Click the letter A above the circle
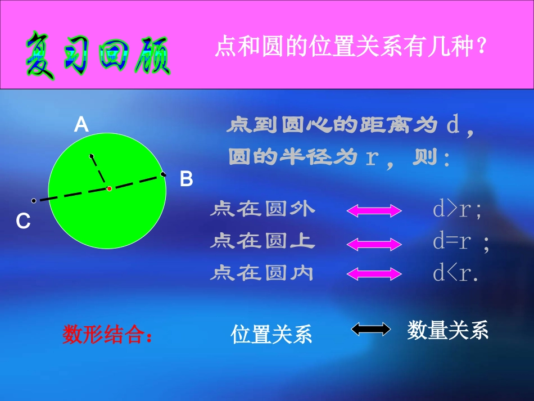(82, 124)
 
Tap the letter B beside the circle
(186, 180)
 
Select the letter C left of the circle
(23, 222)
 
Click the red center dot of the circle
(109, 188)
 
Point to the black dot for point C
(34, 200)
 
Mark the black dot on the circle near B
(163, 174)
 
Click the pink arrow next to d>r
(374, 210)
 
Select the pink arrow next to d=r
(374, 243)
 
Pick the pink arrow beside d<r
(374, 274)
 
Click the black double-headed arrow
(371, 329)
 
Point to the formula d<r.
(455, 274)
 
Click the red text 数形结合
(107, 335)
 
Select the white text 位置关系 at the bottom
(271, 335)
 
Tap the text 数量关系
(447, 330)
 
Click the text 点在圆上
(263, 242)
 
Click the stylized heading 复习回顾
(97, 55)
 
